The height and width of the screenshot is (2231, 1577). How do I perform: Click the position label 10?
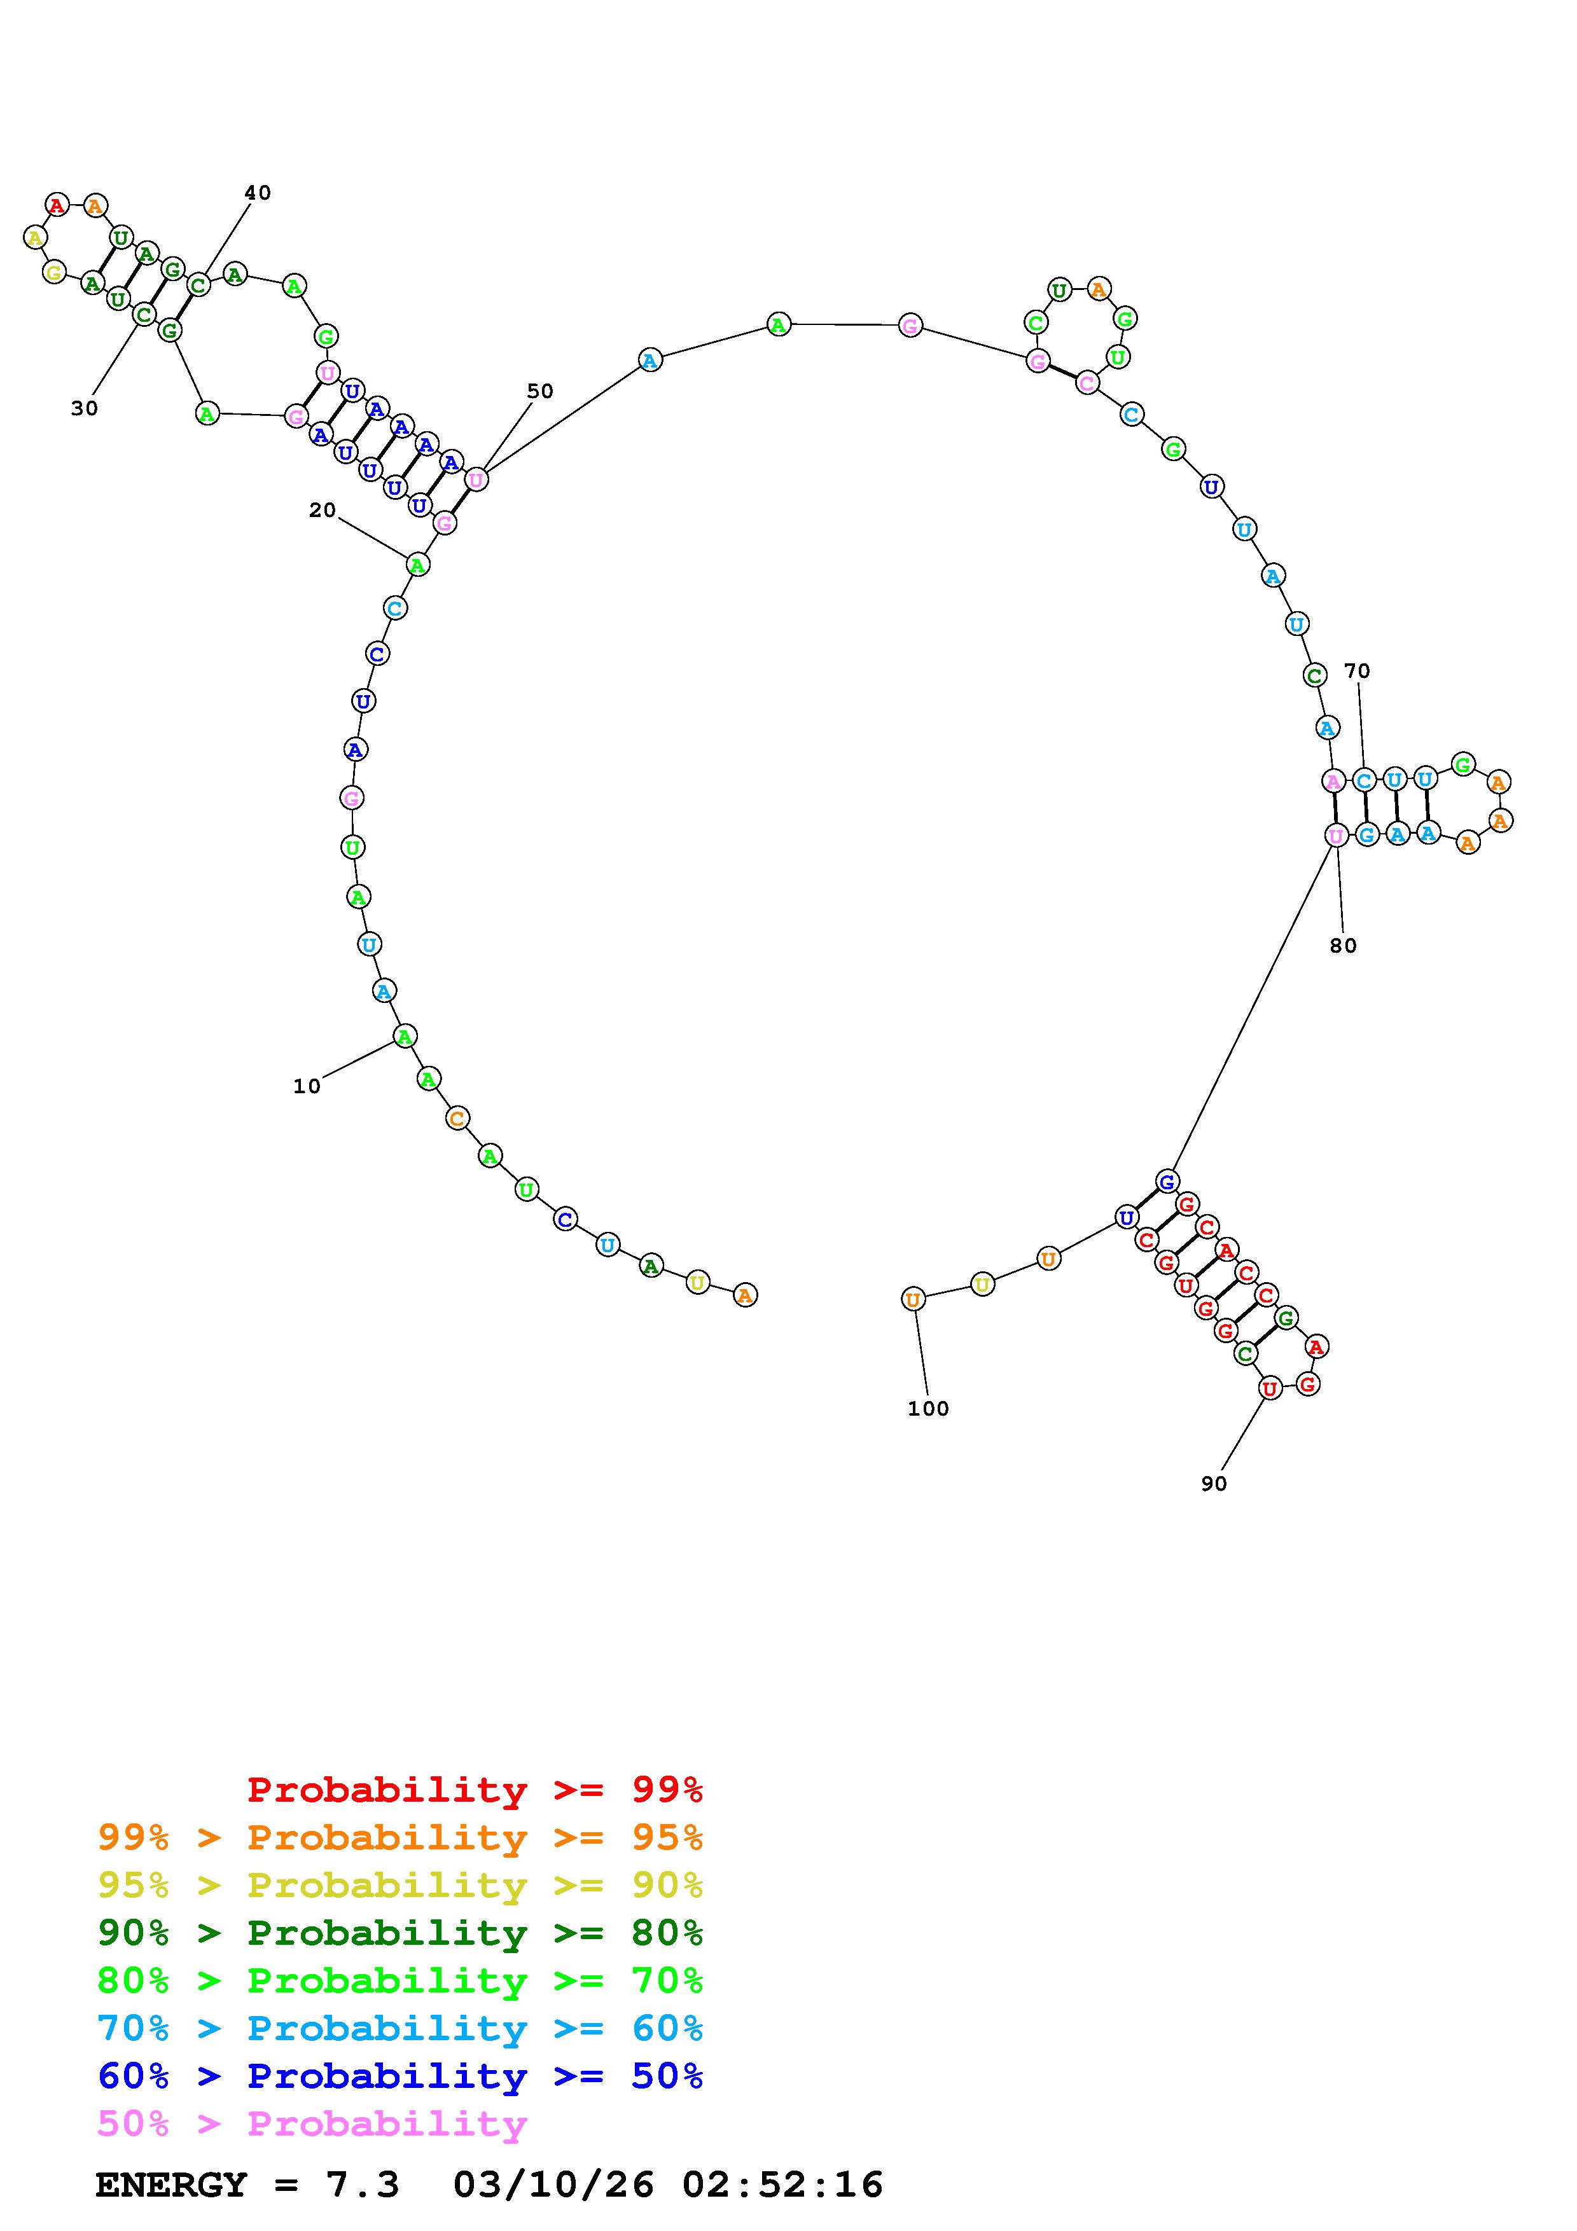pos(307,1086)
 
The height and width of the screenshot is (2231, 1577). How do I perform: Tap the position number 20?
pos(323,510)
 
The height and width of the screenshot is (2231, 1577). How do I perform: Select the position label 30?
pos(85,409)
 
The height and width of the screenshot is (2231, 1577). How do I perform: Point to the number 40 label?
pos(258,193)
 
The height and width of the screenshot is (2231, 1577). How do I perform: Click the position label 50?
pos(540,390)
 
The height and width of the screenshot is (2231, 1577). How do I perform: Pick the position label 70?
pos(1358,670)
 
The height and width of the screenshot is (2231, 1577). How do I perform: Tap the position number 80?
pos(1344,946)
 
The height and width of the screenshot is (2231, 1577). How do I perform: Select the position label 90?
pos(1214,1484)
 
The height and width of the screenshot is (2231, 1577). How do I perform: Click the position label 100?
pos(929,1409)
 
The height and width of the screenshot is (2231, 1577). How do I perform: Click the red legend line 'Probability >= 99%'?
pos(475,1790)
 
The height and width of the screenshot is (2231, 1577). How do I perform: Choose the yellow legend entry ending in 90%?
pos(400,1885)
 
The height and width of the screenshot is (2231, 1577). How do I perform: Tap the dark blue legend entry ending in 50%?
pos(400,2076)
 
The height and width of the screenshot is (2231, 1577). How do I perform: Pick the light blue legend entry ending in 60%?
pos(400,2028)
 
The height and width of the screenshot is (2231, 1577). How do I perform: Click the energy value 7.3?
pos(363,2185)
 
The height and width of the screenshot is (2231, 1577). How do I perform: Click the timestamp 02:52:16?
pos(782,2185)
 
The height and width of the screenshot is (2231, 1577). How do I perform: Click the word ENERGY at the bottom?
pos(171,2185)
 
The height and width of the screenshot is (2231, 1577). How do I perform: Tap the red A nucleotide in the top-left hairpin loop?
pos(57,205)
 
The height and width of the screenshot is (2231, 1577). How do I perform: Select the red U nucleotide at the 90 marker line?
pos(1269,1388)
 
